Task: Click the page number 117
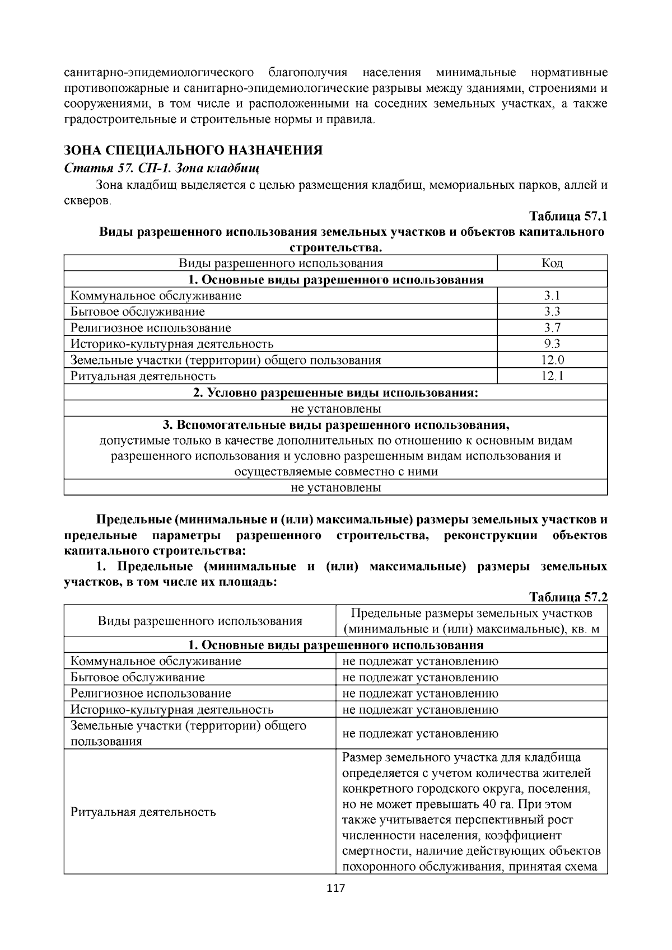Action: pos(336,888)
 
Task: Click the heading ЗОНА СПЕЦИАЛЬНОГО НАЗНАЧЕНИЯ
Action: pos(193,151)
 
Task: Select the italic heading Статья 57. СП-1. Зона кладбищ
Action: pos(162,167)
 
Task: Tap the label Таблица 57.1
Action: pos(568,216)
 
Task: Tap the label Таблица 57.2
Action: pos(568,596)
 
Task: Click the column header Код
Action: pos(552,263)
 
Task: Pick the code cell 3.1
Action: pos(552,296)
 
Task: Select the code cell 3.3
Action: pos(552,311)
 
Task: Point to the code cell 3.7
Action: pos(552,327)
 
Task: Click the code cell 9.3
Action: pos(552,344)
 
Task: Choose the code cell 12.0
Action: pos(552,360)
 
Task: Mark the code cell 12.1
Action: pos(552,376)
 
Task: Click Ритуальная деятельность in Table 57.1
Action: pos(143,376)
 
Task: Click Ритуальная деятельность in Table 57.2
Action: pos(143,812)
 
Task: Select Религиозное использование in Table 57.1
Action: pos(151,328)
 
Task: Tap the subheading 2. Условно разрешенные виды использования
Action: pos(335,392)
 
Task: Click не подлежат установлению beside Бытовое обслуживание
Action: pos(420,677)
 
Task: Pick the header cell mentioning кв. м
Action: pos(471,621)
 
